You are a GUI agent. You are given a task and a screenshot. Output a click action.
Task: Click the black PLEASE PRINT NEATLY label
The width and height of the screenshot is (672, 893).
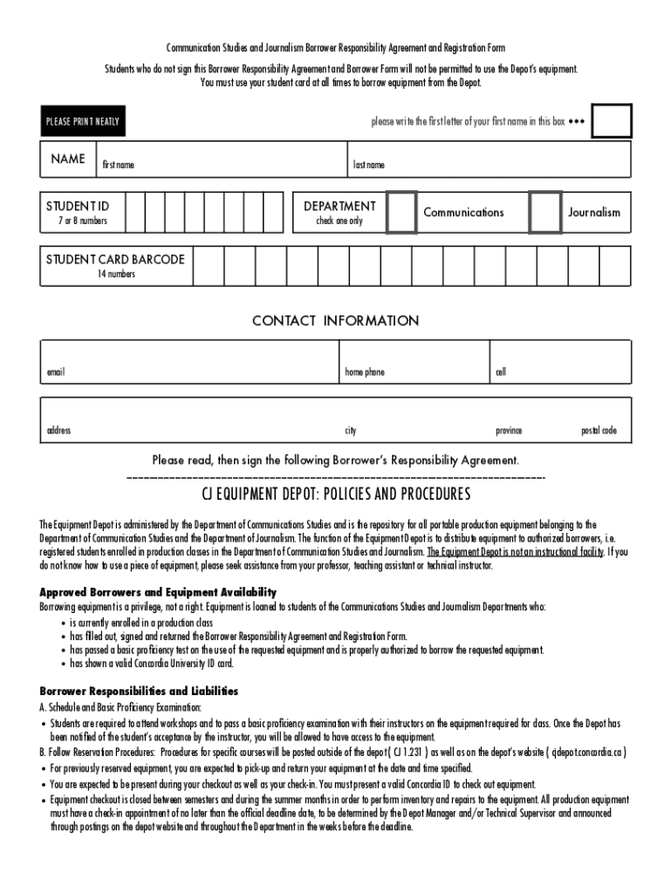[x=83, y=121]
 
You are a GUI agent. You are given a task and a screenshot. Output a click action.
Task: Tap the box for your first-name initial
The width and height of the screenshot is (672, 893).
[x=611, y=121]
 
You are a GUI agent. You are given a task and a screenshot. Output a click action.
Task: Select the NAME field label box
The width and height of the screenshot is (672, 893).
[x=68, y=160]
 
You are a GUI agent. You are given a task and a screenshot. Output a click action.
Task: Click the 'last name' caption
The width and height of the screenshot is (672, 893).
[x=368, y=165]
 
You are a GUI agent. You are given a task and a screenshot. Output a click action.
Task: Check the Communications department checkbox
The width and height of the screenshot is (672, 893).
[x=401, y=213]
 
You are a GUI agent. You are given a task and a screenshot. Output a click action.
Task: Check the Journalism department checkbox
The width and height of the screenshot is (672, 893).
[x=545, y=213]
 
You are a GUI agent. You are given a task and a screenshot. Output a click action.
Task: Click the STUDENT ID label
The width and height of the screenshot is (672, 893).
[x=78, y=207]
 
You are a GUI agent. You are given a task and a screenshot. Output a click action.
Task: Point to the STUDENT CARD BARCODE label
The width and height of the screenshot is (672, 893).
[x=115, y=260]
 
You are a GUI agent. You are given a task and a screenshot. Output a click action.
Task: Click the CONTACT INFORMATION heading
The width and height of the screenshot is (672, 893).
[x=335, y=321]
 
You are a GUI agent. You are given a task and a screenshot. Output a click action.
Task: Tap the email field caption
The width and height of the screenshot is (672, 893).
[x=56, y=372]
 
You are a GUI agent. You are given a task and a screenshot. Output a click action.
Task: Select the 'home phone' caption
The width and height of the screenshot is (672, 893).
[x=364, y=372]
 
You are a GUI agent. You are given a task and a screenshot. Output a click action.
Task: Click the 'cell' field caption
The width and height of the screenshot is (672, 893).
[x=501, y=372]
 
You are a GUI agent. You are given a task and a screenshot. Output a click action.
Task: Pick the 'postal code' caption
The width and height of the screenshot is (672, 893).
[x=599, y=431]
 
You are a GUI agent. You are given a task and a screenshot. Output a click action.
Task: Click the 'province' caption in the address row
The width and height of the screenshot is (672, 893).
[x=509, y=431]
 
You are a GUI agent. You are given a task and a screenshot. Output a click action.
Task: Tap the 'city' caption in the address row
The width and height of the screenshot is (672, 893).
[x=350, y=431]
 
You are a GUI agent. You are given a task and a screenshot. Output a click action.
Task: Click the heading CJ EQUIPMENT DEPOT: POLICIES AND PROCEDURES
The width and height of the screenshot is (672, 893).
[x=336, y=495]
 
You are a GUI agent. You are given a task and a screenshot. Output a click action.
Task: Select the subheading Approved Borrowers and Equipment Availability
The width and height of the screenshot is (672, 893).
[x=158, y=592]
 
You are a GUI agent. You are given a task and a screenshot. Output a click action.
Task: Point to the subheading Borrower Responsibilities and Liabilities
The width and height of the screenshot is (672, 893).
[x=139, y=692]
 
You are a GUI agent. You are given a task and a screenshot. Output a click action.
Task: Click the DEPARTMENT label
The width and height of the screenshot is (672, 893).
[x=339, y=207]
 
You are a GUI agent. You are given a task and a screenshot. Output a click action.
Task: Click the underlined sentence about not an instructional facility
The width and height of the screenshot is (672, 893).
[x=515, y=552]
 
